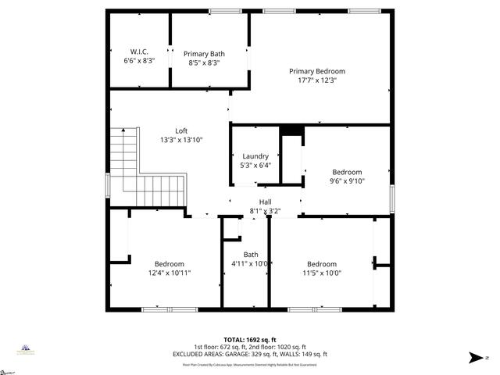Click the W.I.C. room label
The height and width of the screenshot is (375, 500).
[x=139, y=52]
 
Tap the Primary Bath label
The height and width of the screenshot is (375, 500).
[x=204, y=54]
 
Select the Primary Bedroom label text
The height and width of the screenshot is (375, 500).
[x=316, y=71]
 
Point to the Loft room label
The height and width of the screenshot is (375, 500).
[x=180, y=130]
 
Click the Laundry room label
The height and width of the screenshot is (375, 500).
[x=255, y=156]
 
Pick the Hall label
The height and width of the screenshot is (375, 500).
[x=265, y=202]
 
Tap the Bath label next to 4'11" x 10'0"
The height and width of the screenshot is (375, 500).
[x=250, y=255]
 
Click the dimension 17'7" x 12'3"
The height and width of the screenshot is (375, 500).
[x=316, y=80]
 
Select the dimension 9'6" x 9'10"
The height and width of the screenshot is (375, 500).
[x=347, y=180]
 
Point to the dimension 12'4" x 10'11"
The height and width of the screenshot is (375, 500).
[x=169, y=273]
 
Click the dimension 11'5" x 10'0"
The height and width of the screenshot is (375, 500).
[x=321, y=273]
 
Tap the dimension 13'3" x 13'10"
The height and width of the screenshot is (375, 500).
[x=180, y=140]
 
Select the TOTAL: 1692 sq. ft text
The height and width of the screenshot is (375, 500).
[x=250, y=340]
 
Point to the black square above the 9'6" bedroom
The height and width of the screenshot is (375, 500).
[x=291, y=130]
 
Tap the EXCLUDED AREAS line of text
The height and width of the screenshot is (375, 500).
[x=250, y=354]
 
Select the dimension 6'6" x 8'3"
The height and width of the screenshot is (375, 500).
[x=139, y=60]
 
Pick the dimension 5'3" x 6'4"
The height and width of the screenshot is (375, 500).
[x=255, y=166]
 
